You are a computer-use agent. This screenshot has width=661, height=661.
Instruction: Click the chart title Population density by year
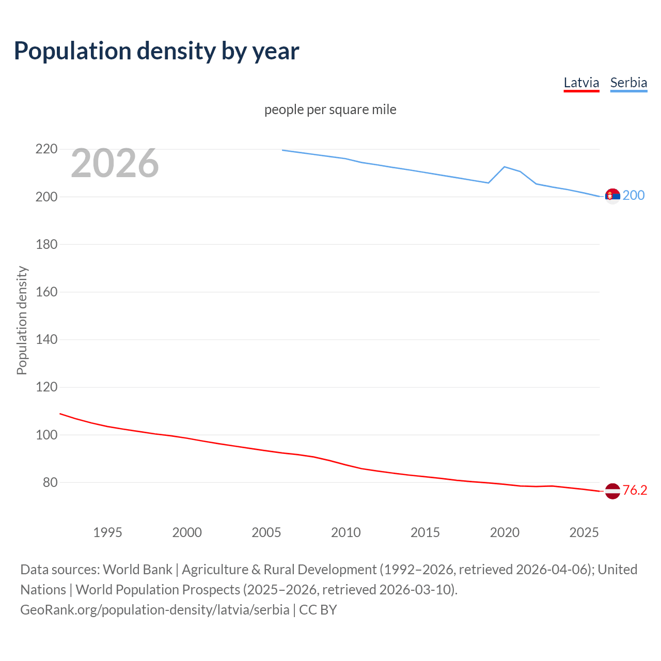tap(156, 51)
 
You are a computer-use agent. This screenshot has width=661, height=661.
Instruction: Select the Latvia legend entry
tap(581, 83)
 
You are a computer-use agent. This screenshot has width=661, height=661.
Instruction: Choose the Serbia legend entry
tap(628, 83)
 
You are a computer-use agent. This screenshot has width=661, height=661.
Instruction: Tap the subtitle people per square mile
tap(330, 109)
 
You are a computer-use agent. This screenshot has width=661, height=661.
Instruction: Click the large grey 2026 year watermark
tap(115, 163)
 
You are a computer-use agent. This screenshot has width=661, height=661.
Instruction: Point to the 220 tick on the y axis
tap(46, 149)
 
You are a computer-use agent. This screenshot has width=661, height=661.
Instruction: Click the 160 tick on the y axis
tap(46, 292)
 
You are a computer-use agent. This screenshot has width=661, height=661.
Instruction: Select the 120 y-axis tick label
tap(46, 387)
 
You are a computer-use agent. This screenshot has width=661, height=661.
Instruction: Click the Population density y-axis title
tap(22, 320)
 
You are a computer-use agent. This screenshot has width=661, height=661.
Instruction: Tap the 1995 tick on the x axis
tap(107, 532)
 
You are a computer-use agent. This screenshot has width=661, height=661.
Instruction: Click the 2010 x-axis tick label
tap(345, 532)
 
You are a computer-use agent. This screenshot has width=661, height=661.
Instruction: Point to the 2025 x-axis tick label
tap(584, 532)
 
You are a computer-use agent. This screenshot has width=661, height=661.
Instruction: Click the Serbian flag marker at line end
tap(612, 196)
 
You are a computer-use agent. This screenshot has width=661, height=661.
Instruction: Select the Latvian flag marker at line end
tap(612, 491)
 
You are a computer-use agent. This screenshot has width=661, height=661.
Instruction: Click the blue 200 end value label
tap(634, 195)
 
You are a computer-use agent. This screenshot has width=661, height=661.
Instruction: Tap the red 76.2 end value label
tap(635, 490)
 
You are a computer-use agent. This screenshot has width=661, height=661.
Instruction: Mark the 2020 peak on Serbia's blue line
tap(504, 167)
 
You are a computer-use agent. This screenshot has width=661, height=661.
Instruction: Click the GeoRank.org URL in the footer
tap(155, 610)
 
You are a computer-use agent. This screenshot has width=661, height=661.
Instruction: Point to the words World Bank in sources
tap(137, 570)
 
